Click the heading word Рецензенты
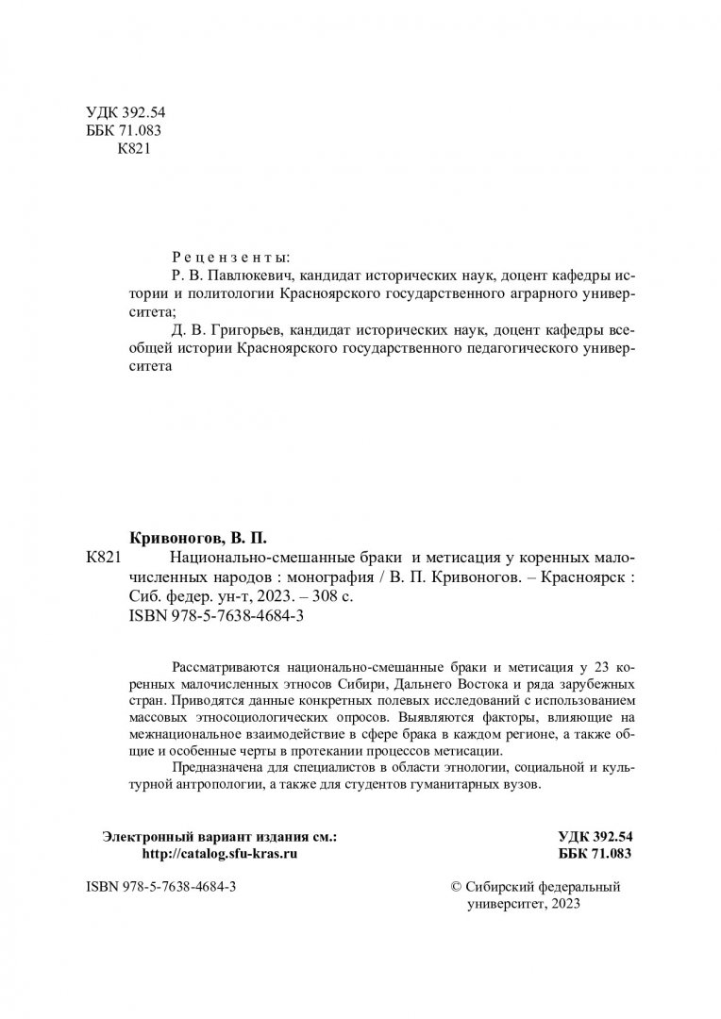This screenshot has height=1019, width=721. (232, 257)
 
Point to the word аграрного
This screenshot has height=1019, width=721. (529, 293)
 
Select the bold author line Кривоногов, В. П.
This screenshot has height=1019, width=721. (198, 539)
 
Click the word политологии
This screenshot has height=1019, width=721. (235, 293)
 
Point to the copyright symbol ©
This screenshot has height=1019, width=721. (459, 888)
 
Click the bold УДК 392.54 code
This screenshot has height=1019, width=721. (594, 835)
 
